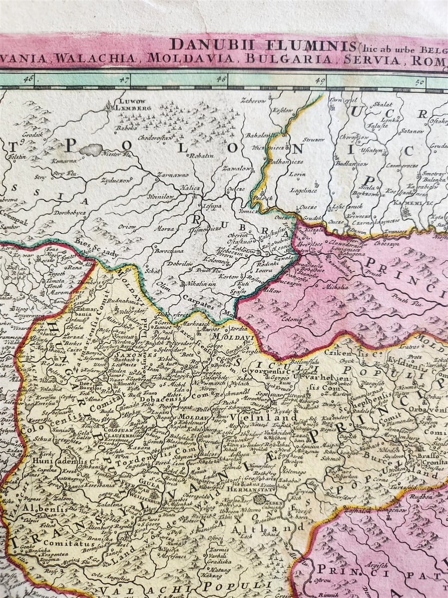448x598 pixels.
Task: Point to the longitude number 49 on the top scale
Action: [320, 80]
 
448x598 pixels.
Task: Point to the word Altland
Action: [251, 528]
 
